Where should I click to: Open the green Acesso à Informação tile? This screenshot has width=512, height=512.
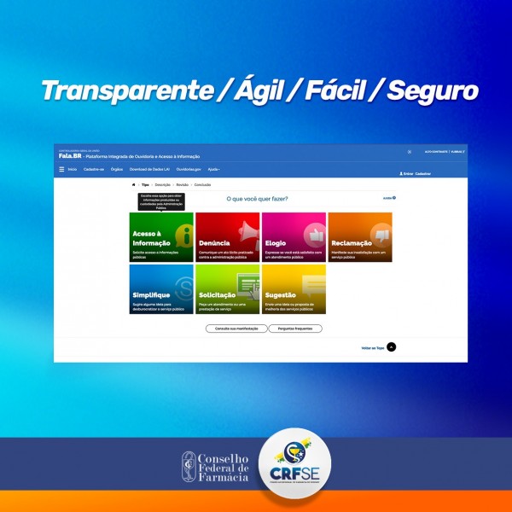tap(161, 237)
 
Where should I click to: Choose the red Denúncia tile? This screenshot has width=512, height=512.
tap(227, 237)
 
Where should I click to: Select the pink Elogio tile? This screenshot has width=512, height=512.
tap(294, 237)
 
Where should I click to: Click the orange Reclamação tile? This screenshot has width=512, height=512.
tap(359, 237)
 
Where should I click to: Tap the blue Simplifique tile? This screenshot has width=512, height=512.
tap(161, 289)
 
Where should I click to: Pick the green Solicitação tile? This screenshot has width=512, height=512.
tap(227, 289)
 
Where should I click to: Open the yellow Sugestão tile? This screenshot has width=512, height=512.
tap(294, 289)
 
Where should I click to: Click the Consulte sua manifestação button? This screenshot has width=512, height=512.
tap(236, 329)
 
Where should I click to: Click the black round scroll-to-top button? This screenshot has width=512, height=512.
tap(391, 346)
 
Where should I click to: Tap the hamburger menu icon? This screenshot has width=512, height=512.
tap(61, 170)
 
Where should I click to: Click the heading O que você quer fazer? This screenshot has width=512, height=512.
tap(257, 199)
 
